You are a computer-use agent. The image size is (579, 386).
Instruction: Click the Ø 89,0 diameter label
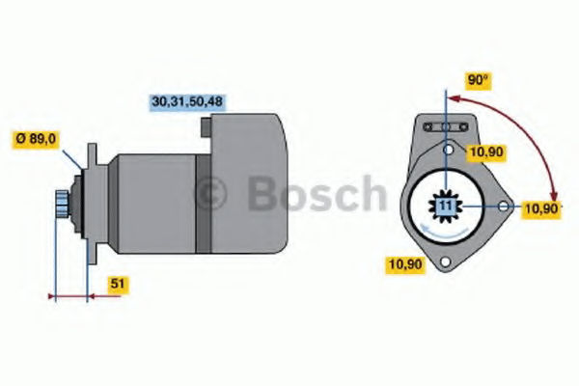(36, 139)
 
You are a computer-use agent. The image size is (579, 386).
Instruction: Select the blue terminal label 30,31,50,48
(187, 101)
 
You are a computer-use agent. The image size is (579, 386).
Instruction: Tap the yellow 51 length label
(118, 284)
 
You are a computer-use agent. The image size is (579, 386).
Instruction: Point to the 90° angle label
(478, 80)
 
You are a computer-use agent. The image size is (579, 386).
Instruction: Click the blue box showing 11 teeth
(446, 206)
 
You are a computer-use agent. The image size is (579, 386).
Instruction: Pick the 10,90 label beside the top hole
(485, 152)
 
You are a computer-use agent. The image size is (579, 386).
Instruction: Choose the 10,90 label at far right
(541, 209)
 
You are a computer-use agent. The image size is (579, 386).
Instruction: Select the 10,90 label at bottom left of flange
(406, 264)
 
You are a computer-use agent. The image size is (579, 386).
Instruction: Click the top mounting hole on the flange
(449, 150)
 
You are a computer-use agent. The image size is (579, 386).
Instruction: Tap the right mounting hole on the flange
(504, 207)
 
